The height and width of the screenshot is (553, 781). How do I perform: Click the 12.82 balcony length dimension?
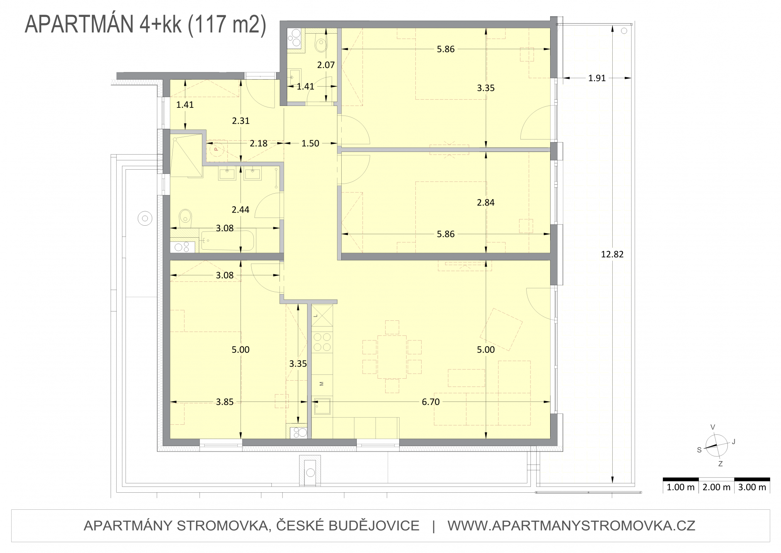[612, 254]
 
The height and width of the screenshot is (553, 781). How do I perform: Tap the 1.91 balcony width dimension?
[597, 78]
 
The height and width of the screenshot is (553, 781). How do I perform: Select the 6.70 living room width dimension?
[430, 402]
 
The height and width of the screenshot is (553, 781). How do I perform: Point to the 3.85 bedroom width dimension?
[225, 402]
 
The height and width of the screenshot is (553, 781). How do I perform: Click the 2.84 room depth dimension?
[486, 202]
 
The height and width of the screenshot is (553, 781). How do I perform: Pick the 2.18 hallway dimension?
[258, 143]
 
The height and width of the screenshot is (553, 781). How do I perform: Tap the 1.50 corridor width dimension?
[310, 143]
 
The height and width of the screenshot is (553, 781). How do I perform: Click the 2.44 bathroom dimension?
[241, 210]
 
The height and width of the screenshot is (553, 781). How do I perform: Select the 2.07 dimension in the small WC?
[326, 65]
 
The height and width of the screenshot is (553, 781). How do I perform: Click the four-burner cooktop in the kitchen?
[322, 342]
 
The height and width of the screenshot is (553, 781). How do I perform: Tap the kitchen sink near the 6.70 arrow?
[322, 406]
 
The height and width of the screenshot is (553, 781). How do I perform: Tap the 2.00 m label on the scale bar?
[717, 487]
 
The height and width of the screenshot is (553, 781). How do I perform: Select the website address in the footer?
[571, 526]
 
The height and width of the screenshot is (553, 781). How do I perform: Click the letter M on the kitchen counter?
[322, 384]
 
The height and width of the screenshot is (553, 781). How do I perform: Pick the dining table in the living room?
[392, 357]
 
